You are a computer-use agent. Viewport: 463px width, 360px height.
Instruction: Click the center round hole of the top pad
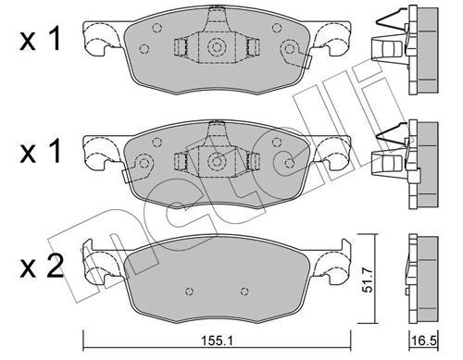[217, 48]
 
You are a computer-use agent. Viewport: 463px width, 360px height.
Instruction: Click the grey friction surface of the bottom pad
[217, 279]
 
